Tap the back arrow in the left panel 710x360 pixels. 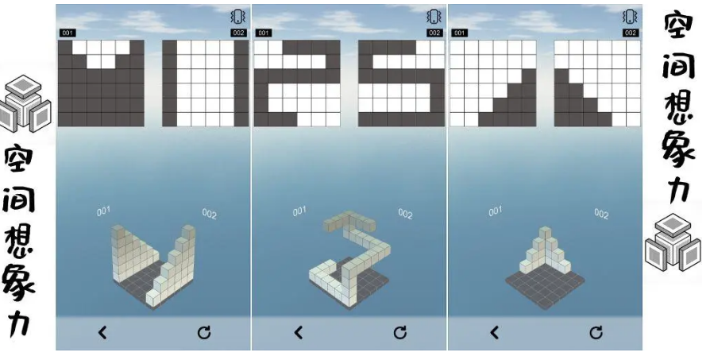click(102, 333)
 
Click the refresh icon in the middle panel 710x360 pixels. click(399, 333)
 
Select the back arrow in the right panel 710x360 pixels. click(494, 333)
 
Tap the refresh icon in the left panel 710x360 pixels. click(204, 333)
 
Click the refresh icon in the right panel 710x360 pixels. click(596, 333)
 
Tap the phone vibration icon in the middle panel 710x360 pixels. click(434, 17)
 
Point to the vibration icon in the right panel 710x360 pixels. click(630, 17)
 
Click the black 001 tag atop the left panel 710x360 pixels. click(68, 33)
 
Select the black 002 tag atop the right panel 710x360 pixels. click(631, 33)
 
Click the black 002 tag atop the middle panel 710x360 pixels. click(434, 33)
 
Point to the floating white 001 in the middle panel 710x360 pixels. click(299, 211)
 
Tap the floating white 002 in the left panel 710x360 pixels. click(209, 214)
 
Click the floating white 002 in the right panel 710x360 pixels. click(601, 214)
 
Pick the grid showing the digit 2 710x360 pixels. click(297, 83)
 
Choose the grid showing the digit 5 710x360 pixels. click(402, 83)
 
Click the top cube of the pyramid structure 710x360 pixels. click(545, 232)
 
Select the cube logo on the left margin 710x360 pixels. click(25, 103)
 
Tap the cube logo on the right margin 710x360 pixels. click(672, 242)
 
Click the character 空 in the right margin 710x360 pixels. click(679, 28)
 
